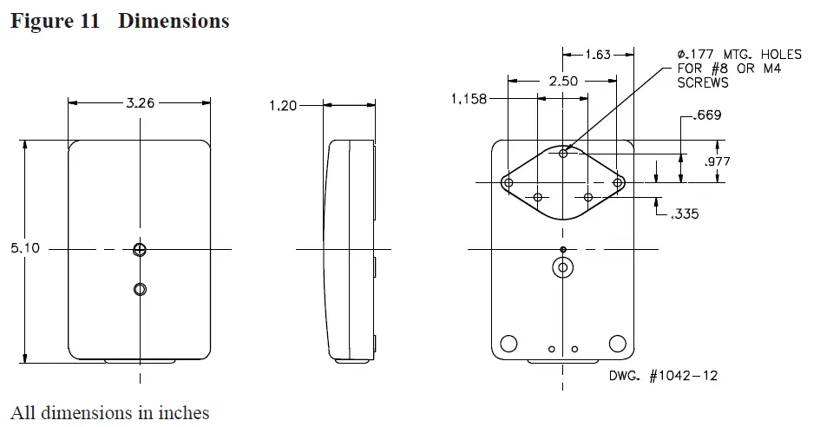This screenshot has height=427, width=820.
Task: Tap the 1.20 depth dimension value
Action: pyautogui.click(x=283, y=106)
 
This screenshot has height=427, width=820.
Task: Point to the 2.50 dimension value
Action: pyautogui.click(x=562, y=81)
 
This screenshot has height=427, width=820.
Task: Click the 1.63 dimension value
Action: pyautogui.click(x=597, y=55)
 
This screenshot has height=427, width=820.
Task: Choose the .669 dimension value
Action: pyautogui.click(x=707, y=115)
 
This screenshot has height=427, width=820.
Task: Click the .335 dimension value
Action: pyautogui.click(x=685, y=213)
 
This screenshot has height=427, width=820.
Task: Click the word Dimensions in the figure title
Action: pyautogui.click(x=174, y=21)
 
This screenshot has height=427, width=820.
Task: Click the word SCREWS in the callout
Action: pyautogui.click(x=703, y=83)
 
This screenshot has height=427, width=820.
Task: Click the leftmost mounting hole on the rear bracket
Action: pyautogui.click(x=508, y=183)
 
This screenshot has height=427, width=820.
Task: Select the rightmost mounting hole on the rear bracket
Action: pyautogui.click(x=619, y=183)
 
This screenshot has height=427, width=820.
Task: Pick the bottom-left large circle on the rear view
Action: pyautogui.click(x=509, y=342)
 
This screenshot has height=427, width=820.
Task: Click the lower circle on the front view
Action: pyautogui.click(x=140, y=288)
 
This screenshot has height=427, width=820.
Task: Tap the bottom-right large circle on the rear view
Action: pyautogui.click(x=617, y=342)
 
